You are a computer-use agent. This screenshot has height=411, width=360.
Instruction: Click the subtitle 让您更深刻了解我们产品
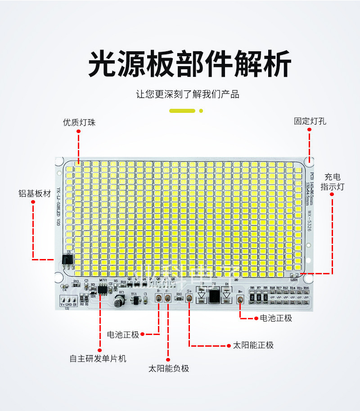pyautogui.click(x=188, y=94)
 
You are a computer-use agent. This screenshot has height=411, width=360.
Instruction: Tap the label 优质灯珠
pyautogui.click(x=79, y=122)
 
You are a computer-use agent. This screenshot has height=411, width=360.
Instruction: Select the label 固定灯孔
pyautogui.click(x=310, y=121)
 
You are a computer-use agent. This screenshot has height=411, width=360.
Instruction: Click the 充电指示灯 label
pyautogui.click(x=332, y=181)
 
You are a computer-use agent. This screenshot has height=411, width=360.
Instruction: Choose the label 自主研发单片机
pyautogui.click(x=98, y=358)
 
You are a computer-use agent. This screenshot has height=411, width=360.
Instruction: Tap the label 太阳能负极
pyautogui.click(x=169, y=369)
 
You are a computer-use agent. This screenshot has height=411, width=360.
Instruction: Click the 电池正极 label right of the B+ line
pyautogui.click(x=276, y=318)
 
